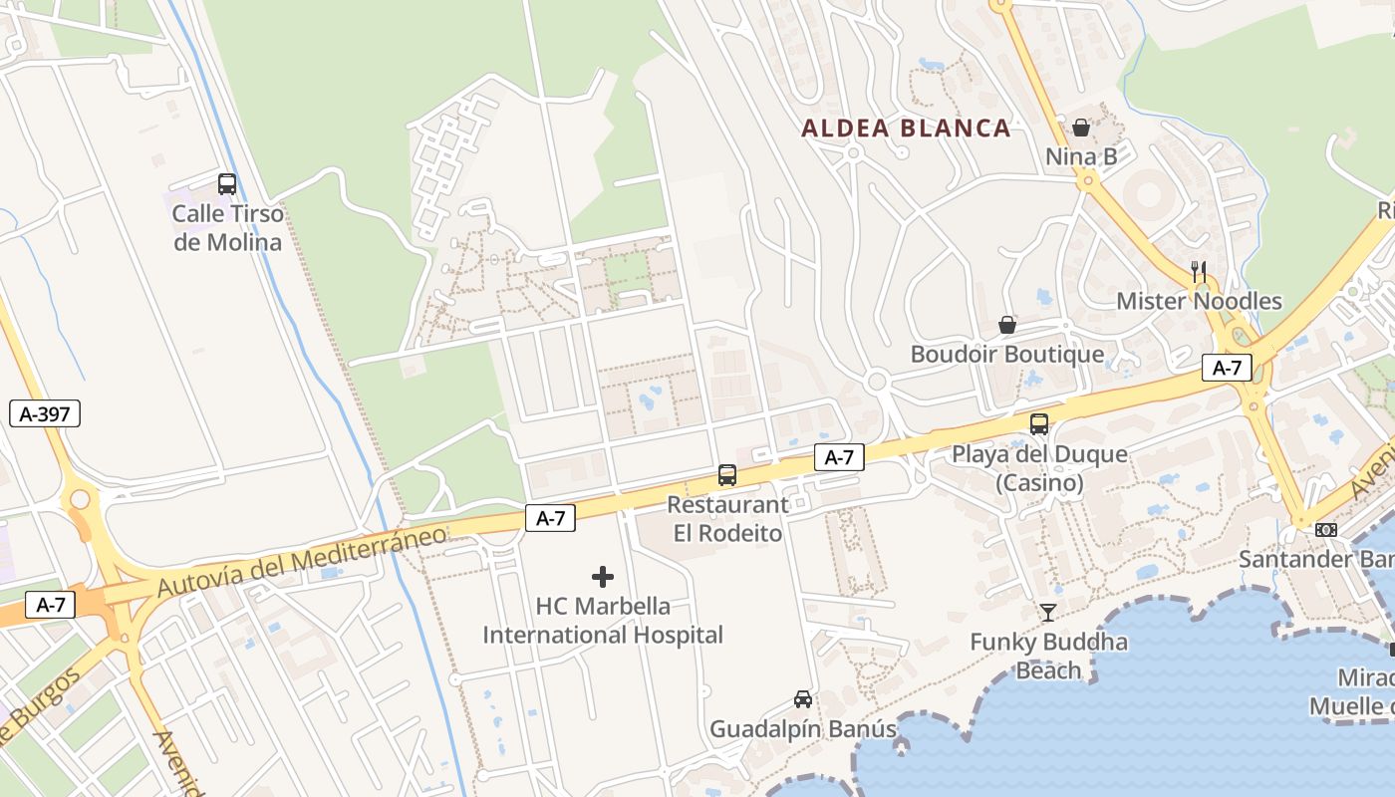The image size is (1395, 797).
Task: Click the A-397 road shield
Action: (45, 413)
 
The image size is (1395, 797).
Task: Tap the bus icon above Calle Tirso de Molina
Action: (227, 184)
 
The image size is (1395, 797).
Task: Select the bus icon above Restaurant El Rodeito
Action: (727, 475)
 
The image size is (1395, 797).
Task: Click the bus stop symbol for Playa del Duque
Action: (1039, 424)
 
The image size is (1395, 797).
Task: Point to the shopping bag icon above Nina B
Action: (1081, 128)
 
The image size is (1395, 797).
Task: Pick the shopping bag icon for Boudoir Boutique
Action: (1007, 325)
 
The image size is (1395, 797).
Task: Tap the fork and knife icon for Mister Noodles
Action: (1199, 271)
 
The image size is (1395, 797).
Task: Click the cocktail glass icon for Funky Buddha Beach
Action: (1048, 612)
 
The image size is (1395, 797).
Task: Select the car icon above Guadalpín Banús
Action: (803, 699)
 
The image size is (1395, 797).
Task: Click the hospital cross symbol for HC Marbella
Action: (603, 576)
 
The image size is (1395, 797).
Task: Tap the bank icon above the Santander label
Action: (1326, 530)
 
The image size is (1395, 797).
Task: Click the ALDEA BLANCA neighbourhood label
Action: (906, 128)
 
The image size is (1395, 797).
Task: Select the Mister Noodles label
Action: (1199, 301)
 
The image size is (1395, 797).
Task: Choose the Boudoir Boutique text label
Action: (1007, 355)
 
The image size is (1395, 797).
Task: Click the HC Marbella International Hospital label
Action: (603, 621)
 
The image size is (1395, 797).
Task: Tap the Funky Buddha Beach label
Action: (1048, 656)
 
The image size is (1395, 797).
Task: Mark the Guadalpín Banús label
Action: (803, 729)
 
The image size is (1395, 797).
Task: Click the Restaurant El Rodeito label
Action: (727, 519)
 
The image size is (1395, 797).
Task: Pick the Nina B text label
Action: (1081, 156)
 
